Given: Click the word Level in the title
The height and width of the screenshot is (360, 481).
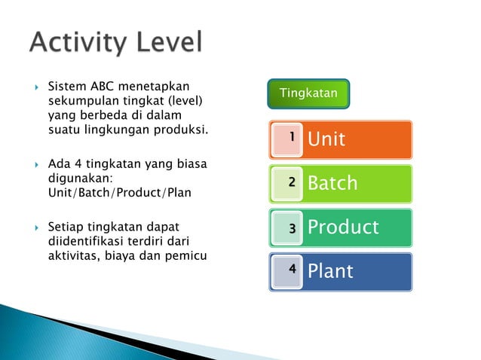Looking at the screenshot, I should pyautogui.click(x=169, y=44).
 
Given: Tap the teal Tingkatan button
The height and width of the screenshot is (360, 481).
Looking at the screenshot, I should pyautogui.click(x=308, y=93).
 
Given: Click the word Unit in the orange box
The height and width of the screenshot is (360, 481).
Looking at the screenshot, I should pyautogui.click(x=326, y=139).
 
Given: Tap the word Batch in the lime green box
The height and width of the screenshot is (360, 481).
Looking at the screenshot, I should pyautogui.click(x=332, y=183).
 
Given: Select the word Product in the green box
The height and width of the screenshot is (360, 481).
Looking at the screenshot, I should pyautogui.click(x=343, y=227).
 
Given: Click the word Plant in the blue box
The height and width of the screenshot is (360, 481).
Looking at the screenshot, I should pyautogui.click(x=330, y=271).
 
